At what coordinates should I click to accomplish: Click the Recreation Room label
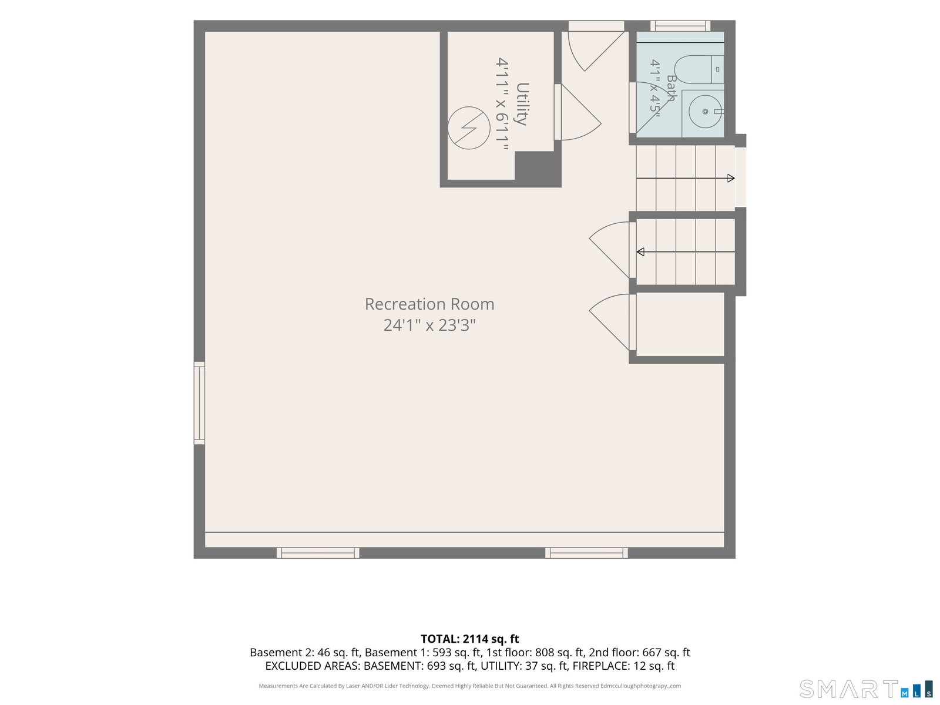(429, 304)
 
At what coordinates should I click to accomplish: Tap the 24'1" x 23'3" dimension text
(429, 325)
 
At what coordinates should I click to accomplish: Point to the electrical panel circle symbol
(469, 128)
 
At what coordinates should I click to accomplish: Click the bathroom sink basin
(705, 112)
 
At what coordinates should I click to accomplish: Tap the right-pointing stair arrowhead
(731, 178)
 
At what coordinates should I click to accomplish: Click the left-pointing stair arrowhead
(640, 251)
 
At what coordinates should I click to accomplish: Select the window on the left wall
(199, 403)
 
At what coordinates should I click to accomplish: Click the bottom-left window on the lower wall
(318, 553)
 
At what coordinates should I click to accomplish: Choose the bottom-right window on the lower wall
(586, 553)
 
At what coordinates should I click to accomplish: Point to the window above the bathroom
(680, 26)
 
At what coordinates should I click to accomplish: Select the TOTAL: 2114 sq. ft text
(469, 639)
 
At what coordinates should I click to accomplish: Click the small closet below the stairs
(680, 324)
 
